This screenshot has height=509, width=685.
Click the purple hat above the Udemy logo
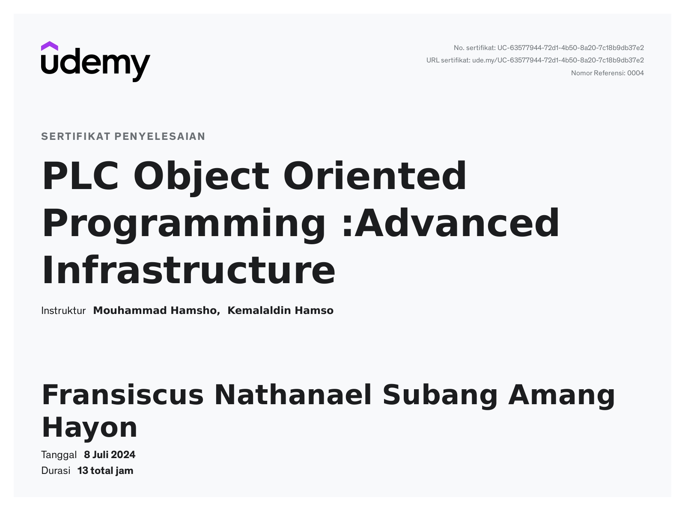(49, 46)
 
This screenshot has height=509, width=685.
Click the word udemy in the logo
(95, 65)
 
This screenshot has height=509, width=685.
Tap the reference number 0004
(635, 73)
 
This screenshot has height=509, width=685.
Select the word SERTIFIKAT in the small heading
(76, 136)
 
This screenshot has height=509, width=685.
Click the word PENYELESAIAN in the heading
(160, 136)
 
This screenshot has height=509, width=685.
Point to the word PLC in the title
(80, 176)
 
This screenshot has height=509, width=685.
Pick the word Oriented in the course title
(375, 175)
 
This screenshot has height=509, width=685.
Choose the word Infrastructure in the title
(189, 269)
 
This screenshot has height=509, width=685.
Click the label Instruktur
(63, 311)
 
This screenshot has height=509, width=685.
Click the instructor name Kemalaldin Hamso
(280, 311)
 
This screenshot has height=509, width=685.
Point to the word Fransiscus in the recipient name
(122, 395)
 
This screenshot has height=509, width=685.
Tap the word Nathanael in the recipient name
(293, 395)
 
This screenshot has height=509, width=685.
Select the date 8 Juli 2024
(110, 455)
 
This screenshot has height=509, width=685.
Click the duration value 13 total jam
(105, 471)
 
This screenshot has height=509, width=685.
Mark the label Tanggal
(59, 455)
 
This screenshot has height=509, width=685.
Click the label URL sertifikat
(448, 60)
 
